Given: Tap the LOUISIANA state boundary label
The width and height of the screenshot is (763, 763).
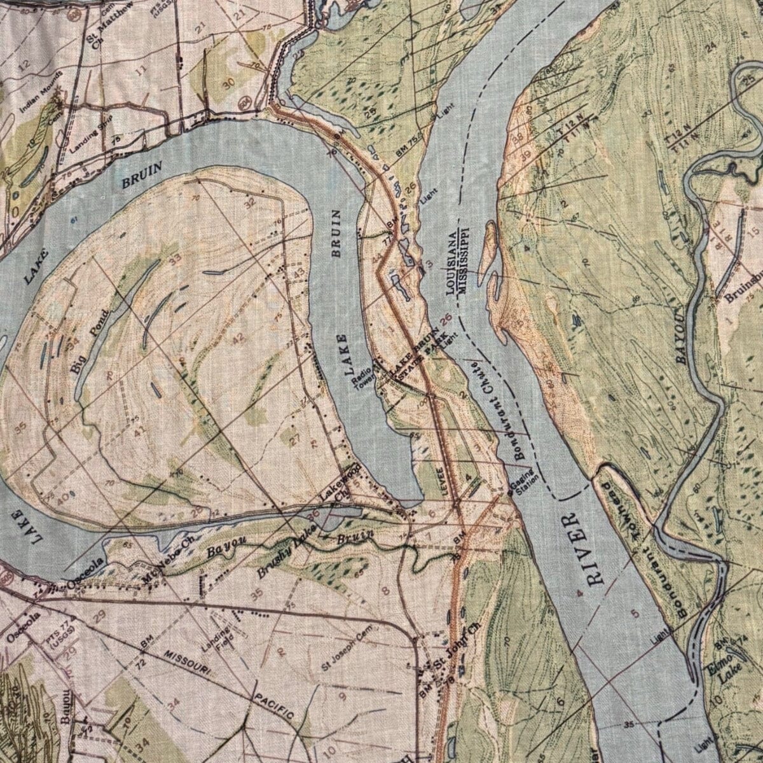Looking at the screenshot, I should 452,264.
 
